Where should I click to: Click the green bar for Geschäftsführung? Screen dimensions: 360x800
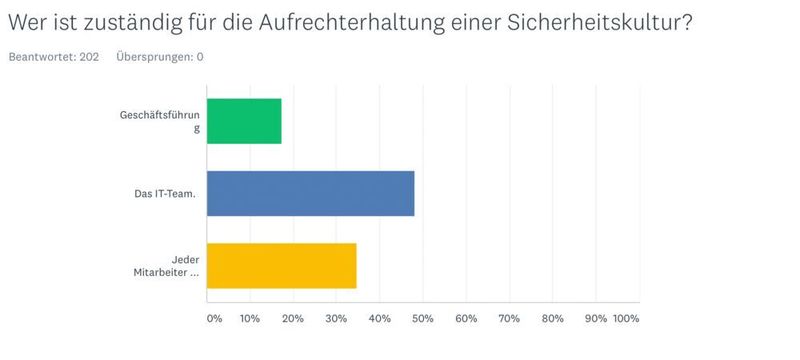tap(244, 121)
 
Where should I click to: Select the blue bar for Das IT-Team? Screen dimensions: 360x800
tap(310, 193)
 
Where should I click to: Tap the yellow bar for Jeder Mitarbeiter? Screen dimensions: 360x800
tap(281, 265)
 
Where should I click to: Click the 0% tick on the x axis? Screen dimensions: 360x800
tap(214, 319)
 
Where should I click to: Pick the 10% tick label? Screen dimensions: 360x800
tap(250, 319)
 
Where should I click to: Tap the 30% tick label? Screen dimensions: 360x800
tap(336, 319)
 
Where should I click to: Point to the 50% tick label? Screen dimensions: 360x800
tap(422, 319)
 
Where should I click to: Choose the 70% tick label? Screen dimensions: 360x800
tap(509, 319)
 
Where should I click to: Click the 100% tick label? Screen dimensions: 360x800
tap(626, 319)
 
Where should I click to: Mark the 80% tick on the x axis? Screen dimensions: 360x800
tap(552, 319)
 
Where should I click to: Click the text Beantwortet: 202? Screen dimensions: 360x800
tap(53, 57)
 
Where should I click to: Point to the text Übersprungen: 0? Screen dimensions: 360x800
tap(159, 57)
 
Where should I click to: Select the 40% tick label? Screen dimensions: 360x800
tap(379, 319)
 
